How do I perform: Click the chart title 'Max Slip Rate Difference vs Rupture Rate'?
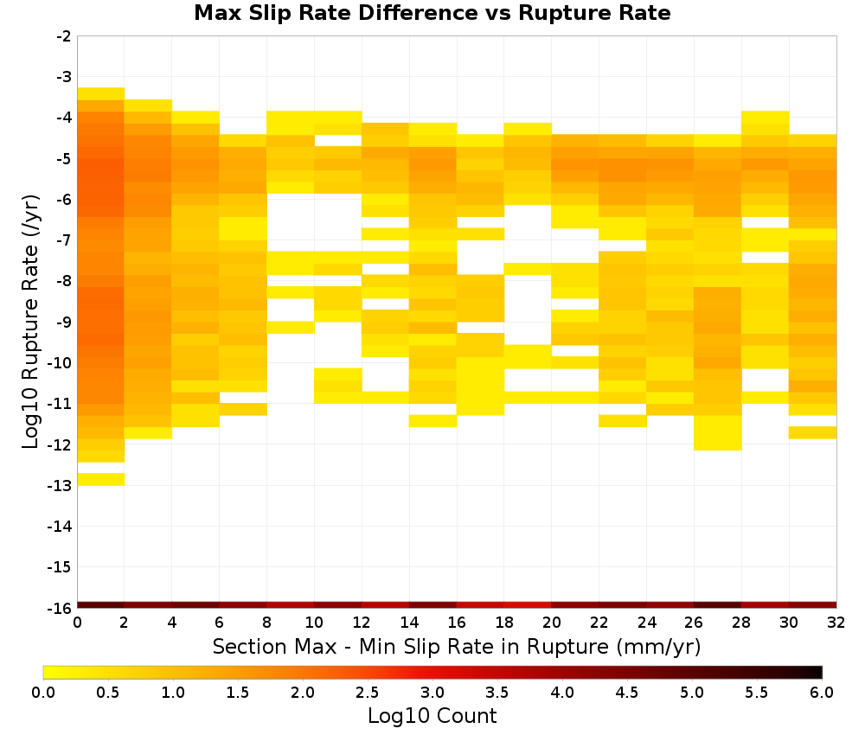tap(432, 13)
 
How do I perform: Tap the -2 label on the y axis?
tap(64, 36)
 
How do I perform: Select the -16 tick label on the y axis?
tap(60, 608)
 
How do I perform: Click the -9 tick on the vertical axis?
tap(64, 323)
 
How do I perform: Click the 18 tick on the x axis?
tap(504, 623)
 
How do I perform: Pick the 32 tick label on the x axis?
tap(836, 623)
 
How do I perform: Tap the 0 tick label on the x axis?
tap(77, 623)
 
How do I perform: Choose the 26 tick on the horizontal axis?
tap(694, 623)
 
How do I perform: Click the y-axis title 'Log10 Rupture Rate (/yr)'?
tap(30, 322)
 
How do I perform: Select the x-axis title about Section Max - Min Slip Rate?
tap(457, 646)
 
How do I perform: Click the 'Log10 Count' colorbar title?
tap(432, 716)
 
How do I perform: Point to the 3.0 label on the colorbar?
tap(432, 693)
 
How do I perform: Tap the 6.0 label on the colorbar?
tap(822, 693)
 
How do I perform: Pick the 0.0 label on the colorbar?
tap(43, 693)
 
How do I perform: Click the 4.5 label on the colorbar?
tap(627, 693)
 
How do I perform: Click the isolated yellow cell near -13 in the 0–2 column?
tap(101, 479)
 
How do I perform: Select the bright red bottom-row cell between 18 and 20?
tap(528, 605)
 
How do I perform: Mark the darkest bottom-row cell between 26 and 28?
tap(718, 605)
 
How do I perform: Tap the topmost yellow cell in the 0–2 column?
tap(101, 93)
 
